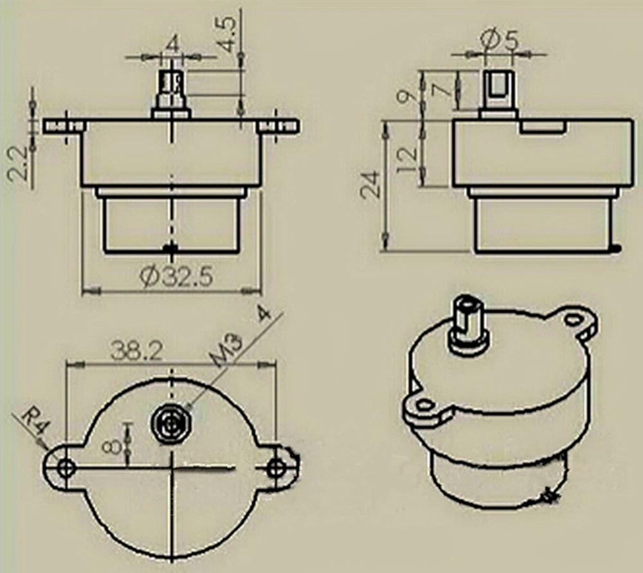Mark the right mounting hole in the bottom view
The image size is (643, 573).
(x=277, y=468)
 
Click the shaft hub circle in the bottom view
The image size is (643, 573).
(x=170, y=424)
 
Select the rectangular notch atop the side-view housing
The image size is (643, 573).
(x=543, y=127)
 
